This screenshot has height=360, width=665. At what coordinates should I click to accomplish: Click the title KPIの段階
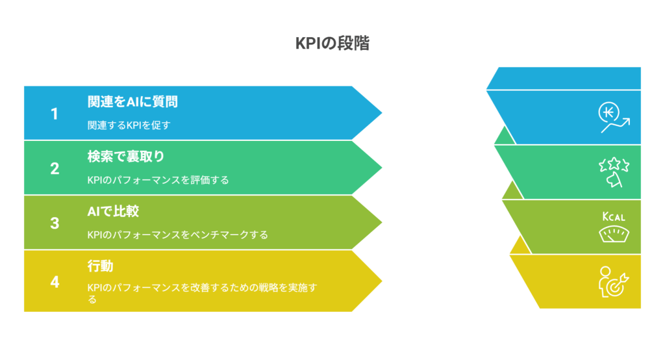332,44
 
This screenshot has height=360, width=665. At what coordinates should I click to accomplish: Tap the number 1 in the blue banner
55,114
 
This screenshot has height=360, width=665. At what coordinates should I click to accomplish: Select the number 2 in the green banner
55,168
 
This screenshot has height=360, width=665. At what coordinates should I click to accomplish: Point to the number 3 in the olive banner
55,224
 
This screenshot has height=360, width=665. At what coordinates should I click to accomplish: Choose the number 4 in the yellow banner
55,282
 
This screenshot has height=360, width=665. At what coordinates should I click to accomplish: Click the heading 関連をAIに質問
132,102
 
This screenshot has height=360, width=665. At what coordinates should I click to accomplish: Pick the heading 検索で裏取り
125,157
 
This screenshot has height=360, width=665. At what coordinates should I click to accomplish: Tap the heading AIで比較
113,211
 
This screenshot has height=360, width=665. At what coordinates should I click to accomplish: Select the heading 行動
100,266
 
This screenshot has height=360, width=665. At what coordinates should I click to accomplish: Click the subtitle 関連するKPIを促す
129,125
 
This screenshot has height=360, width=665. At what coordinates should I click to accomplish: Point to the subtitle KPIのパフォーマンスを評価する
158,180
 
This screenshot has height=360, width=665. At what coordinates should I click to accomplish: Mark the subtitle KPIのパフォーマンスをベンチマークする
178,235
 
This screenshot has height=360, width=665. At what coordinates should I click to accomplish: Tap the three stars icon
614,172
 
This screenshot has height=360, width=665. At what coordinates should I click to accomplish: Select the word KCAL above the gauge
614,216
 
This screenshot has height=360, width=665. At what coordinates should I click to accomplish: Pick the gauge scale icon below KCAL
614,235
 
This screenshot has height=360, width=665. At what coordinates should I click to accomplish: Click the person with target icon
614,282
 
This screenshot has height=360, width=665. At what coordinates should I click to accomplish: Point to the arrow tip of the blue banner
382,113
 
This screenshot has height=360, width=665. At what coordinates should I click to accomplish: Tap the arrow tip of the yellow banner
382,281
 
